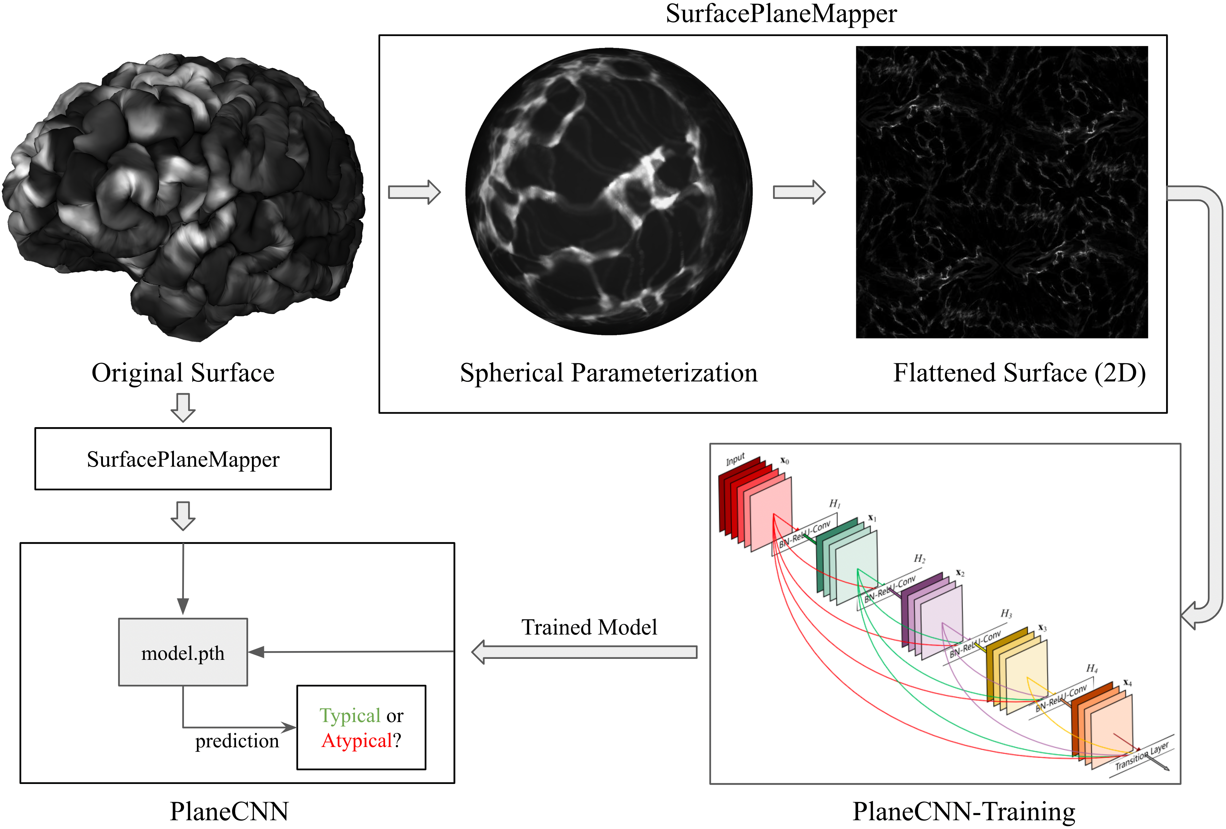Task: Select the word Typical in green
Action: pyautogui.click(x=350, y=716)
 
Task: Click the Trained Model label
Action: pyautogui.click(x=589, y=627)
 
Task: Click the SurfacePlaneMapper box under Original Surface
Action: pyautogui.click(x=183, y=459)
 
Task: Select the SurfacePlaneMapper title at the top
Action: pyautogui.click(x=781, y=14)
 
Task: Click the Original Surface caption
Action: pyautogui.click(x=183, y=373)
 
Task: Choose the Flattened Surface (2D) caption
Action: pyautogui.click(x=1019, y=373)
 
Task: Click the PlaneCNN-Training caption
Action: pyautogui.click(x=964, y=811)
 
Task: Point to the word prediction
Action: pyautogui.click(x=237, y=741)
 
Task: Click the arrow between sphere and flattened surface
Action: pyautogui.click(x=799, y=192)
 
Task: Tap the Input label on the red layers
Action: pyautogui.click(x=735, y=459)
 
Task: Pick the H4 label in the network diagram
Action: pyautogui.click(x=1092, y=669)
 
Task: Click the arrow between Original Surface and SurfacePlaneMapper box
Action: pyautogui.click(x=183, y=407)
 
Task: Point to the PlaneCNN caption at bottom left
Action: pyautogui.click(x=229, y=811)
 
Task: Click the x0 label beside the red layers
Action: pyautogui.click(x=784, y=461)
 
